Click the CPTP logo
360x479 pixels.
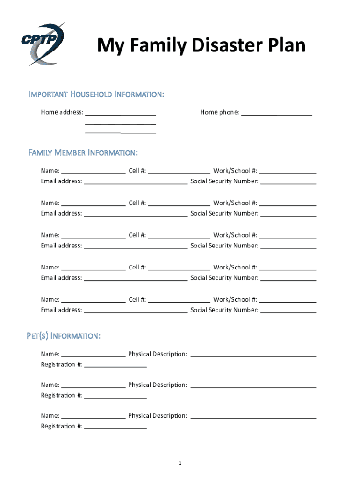coord(42,43)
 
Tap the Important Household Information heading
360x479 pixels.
coord(96,94)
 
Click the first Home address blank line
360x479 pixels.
coord(121,114)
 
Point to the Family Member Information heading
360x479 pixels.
coord(83,153)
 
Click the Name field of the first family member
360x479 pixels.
coord(93,172)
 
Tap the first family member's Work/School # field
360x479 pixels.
coord(287,172)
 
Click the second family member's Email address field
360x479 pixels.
coord(136,215)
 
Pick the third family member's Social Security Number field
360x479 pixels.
coord(288,247)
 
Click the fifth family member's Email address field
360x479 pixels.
coord(136,312)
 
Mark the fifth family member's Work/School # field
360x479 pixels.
coord(287,301)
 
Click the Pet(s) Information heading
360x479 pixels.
coord(63,336)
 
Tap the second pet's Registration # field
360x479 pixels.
coord(115,397)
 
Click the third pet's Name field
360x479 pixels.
coord(93,417)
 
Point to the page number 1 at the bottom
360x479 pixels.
coord(180,463)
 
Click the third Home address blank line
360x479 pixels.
coord(121,132)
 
